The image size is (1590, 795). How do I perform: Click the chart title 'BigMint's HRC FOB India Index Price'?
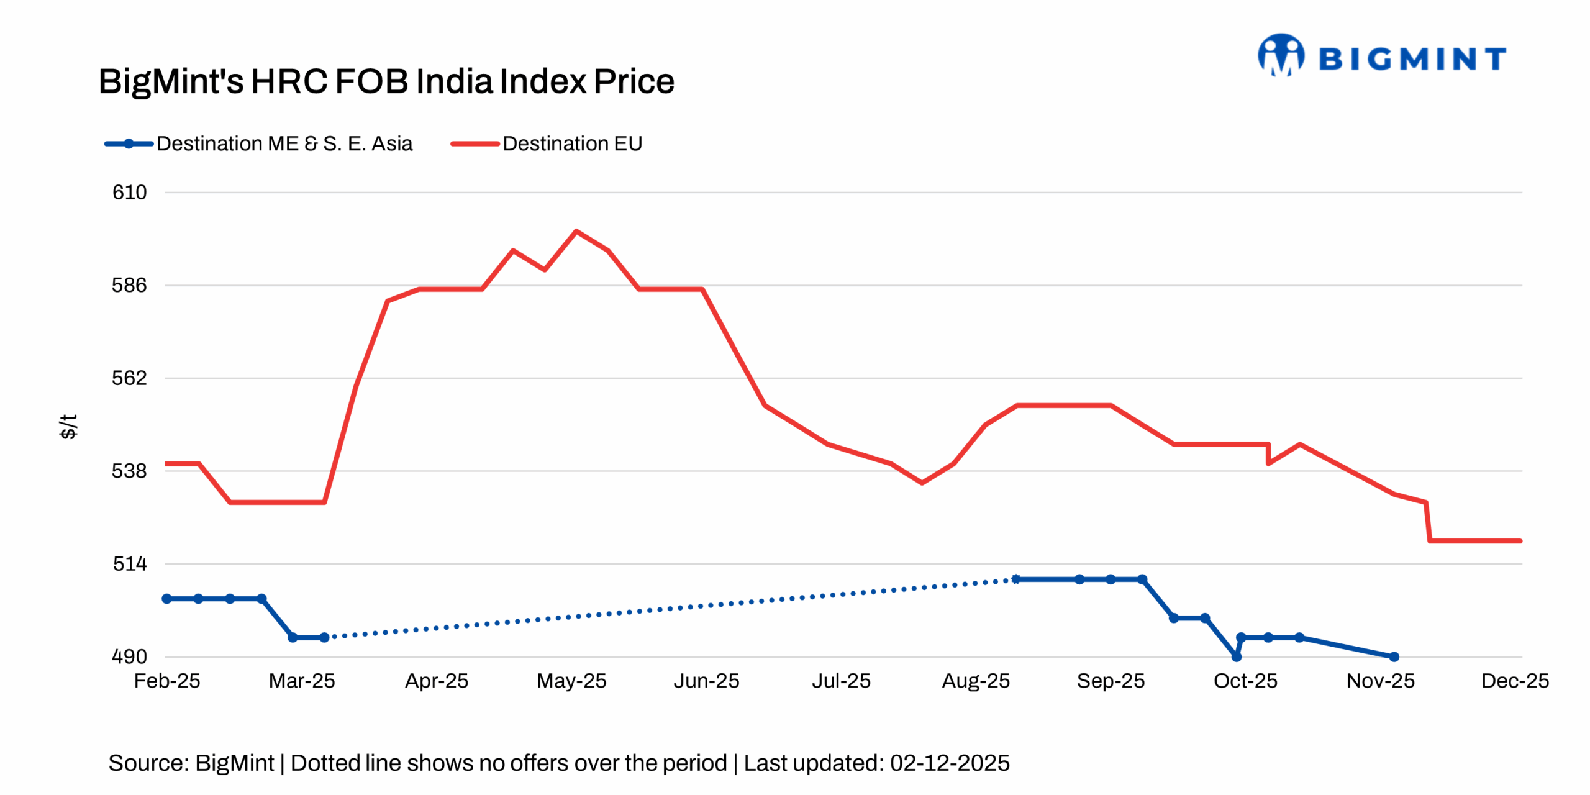[x=386, y=81]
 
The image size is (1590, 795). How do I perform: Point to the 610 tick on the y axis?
[x=129, y=193]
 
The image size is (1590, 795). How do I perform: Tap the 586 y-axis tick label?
[x=129, y=285]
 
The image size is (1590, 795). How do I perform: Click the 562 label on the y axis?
[x=129, y=378]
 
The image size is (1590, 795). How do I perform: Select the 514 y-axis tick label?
[x=129, y=563]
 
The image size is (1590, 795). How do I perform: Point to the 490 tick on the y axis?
[x=129, y=656]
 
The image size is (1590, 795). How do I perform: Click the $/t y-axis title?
[x=68, y=427]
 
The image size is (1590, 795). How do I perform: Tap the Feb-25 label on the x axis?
[x=167, y=681]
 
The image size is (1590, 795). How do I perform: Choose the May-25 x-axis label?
[x=571, y=681]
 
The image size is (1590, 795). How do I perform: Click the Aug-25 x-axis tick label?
[x=976, y=681]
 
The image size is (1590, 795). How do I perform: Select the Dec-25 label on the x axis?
[x=1515, y=681]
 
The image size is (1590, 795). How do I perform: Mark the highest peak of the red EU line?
[x=576, y=231]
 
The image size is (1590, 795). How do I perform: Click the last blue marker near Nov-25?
[x=1394, y=656]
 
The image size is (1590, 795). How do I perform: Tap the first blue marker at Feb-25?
[x=166, y=599]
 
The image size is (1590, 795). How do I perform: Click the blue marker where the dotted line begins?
[x=324, y=637]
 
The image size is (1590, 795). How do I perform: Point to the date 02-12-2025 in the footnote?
[x=950, y=763]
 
